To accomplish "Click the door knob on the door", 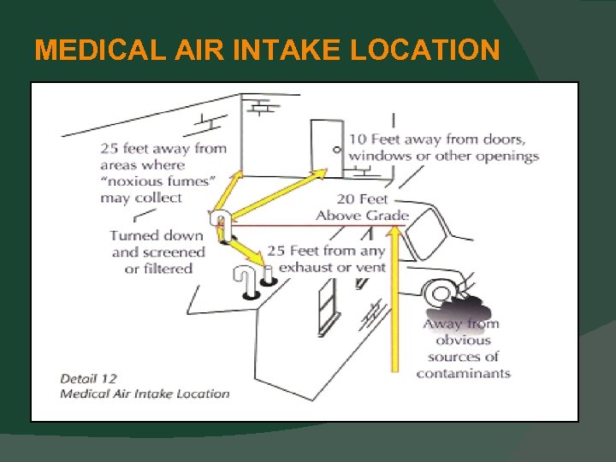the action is [336, 150].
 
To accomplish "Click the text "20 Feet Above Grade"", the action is [363, 207].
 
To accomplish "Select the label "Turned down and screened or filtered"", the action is [158, 252].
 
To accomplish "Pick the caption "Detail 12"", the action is [88, 378].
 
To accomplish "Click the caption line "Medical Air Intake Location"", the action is [145, 394].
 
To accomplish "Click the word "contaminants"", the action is [463, 373].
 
